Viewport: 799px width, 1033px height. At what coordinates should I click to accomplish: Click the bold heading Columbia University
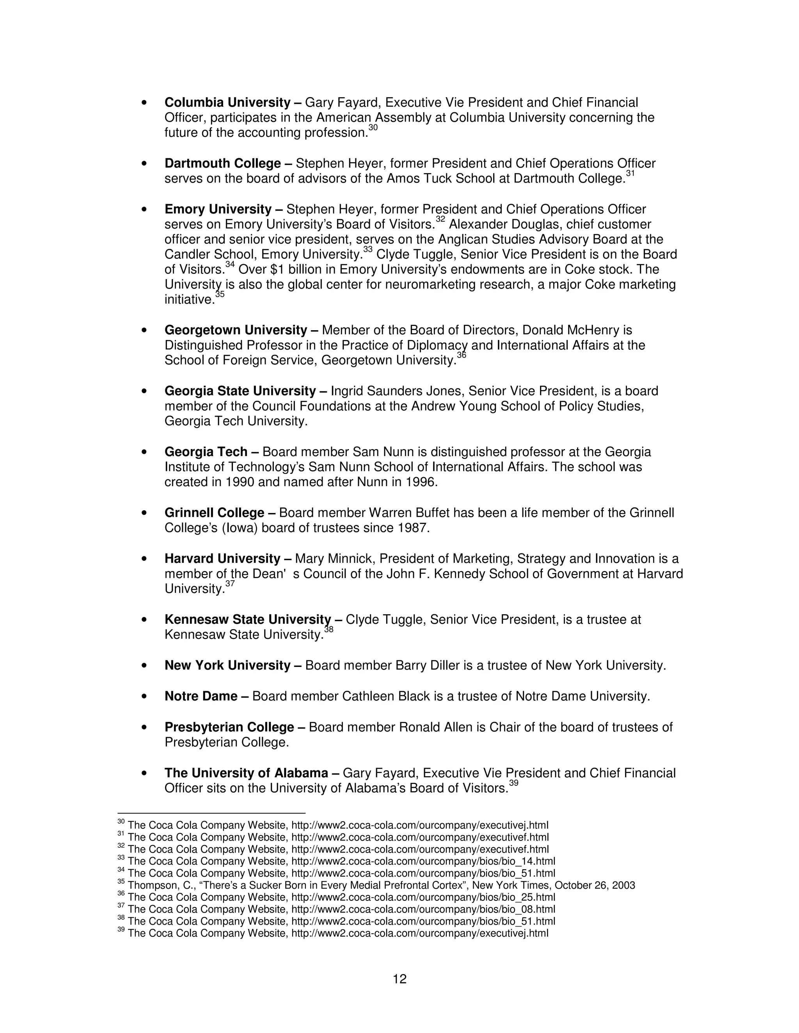coord(227,103)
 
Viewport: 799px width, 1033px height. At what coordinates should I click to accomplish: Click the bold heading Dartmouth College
coord(222,164)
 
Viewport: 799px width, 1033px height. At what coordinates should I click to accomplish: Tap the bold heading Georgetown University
coord(236,330)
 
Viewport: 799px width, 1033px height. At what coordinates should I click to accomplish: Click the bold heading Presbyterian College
coord(229,727)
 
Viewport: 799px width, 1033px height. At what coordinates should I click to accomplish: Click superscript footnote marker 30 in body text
coord(373,128)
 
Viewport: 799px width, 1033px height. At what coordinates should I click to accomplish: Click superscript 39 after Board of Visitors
coord(513,783)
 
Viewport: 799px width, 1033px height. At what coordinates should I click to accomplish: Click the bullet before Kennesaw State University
coord(144,620)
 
